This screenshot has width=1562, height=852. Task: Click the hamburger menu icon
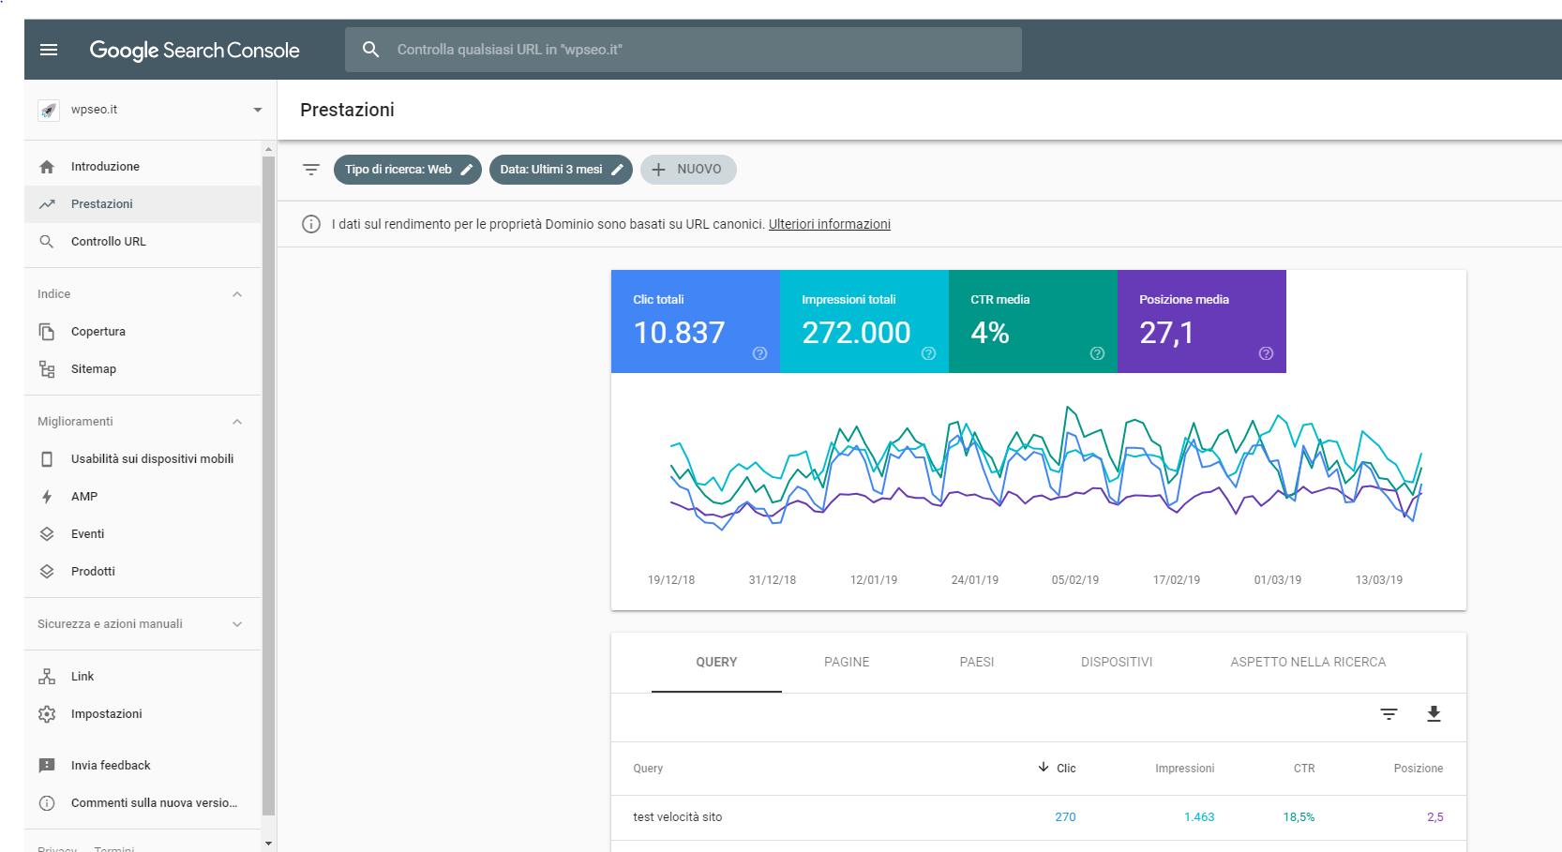tap(49, 50)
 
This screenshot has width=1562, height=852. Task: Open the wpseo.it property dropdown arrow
tap(257, 110)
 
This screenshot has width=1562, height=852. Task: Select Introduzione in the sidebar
tap(105, 167)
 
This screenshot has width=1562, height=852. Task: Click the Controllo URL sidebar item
tap(108, 242)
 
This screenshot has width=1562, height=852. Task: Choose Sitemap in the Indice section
tap(94, 369)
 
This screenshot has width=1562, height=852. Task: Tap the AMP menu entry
tap(84, 497)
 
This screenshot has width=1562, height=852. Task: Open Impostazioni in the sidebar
tap(106, 714)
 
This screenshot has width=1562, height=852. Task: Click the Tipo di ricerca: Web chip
tap(407, 170)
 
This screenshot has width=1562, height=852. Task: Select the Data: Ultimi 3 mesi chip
tap(560, 170)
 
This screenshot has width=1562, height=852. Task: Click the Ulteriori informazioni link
tap(829, 224)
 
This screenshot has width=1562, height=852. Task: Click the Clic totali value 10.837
tap(679, 333)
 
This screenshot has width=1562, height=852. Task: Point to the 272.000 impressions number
tap(856, 333)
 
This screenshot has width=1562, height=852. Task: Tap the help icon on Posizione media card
tap(1266, 353)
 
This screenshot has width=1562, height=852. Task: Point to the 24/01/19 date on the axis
tap(974, 580)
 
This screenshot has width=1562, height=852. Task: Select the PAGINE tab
tap(847, 662)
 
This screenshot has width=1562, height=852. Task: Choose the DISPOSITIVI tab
tap(1116, 662)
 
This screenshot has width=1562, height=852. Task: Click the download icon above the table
tap(1434, 714)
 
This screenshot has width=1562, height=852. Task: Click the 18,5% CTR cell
tap(1299, 817)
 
